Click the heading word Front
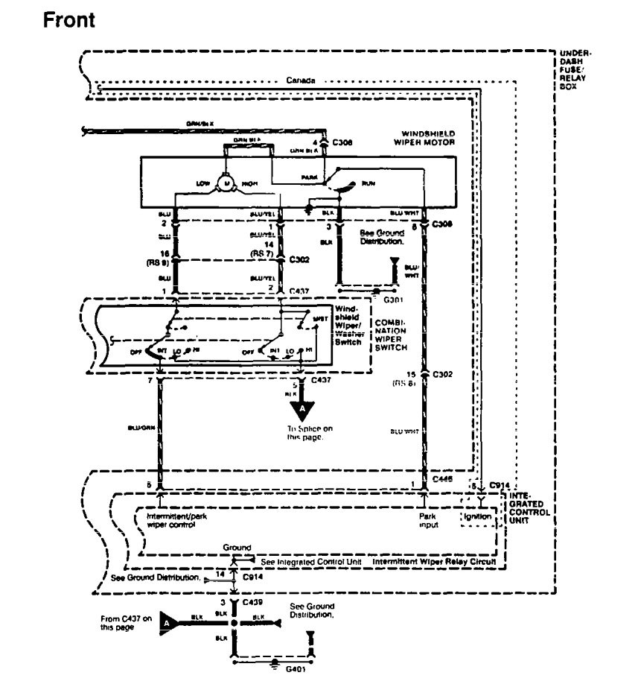pyautogui.click(x=68, y=20)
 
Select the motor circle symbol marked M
pyautogui.click(x=225, y=182)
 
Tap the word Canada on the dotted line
pyautogui.click(x=301, y=80)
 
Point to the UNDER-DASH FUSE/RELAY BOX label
pyautogui.click(x=575, y=69)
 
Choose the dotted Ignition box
pyautogui.click(x=476, y=515)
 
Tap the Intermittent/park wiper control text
pyautogui.click(x=176, y=519)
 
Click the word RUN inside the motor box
pyautogui.click(x=368, y=181)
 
